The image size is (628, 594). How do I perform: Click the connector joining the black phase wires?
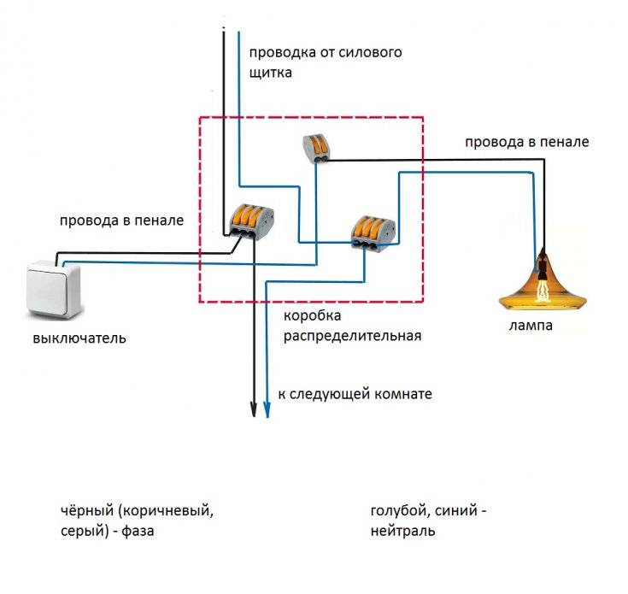click(x=250, y=221)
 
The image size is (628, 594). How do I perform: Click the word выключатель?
click(x=79, y=338)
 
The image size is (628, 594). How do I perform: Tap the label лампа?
click(x=531, y=326)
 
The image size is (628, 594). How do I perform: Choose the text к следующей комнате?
click(x=355, y=394)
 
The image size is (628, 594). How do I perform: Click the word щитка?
click(x=271, y=73)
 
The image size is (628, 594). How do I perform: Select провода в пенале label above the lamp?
click(x=526, y=141)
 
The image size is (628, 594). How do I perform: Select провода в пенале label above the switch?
click(x=121, y=221)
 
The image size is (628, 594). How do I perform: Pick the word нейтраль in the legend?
click(x=402, y=531)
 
